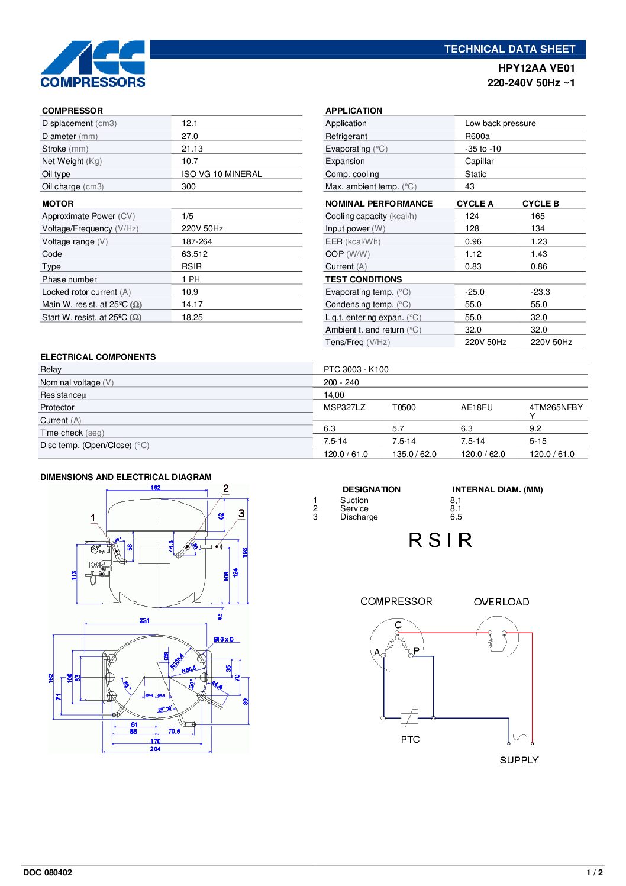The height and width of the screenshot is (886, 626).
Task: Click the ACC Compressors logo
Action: (x=93, y=65)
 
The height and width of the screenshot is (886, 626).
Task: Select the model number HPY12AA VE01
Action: (x=536, y=68)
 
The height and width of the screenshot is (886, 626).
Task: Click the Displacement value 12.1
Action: (x=189, y=123)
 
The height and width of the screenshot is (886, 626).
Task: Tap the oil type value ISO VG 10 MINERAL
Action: (x=221, y=174)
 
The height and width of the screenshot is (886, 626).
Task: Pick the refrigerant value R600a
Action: (x=477, y=136)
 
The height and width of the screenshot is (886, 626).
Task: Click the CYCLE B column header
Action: (x=540, y=204)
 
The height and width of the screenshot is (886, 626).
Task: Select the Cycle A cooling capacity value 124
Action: (x=472, y=216)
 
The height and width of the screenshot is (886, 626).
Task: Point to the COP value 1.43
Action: (x=538, y=254)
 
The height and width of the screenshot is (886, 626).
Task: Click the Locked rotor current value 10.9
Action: (x=189, y=292)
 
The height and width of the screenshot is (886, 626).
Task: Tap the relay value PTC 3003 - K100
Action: (x=356, y=369)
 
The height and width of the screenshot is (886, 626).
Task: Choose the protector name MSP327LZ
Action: (x=344, y=407)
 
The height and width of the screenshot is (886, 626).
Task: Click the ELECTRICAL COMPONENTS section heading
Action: (x=98, y=357)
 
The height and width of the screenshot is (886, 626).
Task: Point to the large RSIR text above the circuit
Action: (x=440, y=540)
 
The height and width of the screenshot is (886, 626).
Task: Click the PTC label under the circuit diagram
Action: (x=410, y=739)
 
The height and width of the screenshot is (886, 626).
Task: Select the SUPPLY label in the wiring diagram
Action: (x=519, y=760)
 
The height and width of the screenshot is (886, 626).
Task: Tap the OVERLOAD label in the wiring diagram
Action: (x=501, y=602)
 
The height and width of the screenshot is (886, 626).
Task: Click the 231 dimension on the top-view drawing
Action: (x=144, y=621)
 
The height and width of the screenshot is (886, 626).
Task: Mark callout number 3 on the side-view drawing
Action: (x=241, y=513)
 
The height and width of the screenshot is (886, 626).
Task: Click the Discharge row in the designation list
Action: (x=359, y=517)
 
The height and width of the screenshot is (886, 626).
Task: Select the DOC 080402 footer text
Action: (x=47, y=872)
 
